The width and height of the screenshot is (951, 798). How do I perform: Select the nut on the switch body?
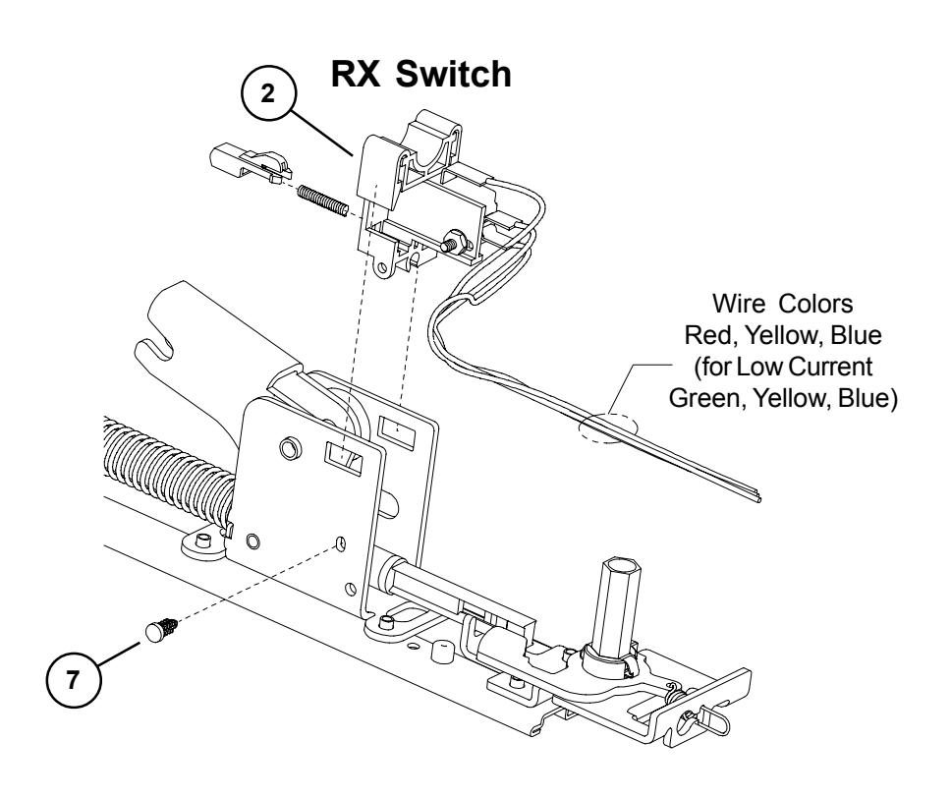click(x=456, y=239)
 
